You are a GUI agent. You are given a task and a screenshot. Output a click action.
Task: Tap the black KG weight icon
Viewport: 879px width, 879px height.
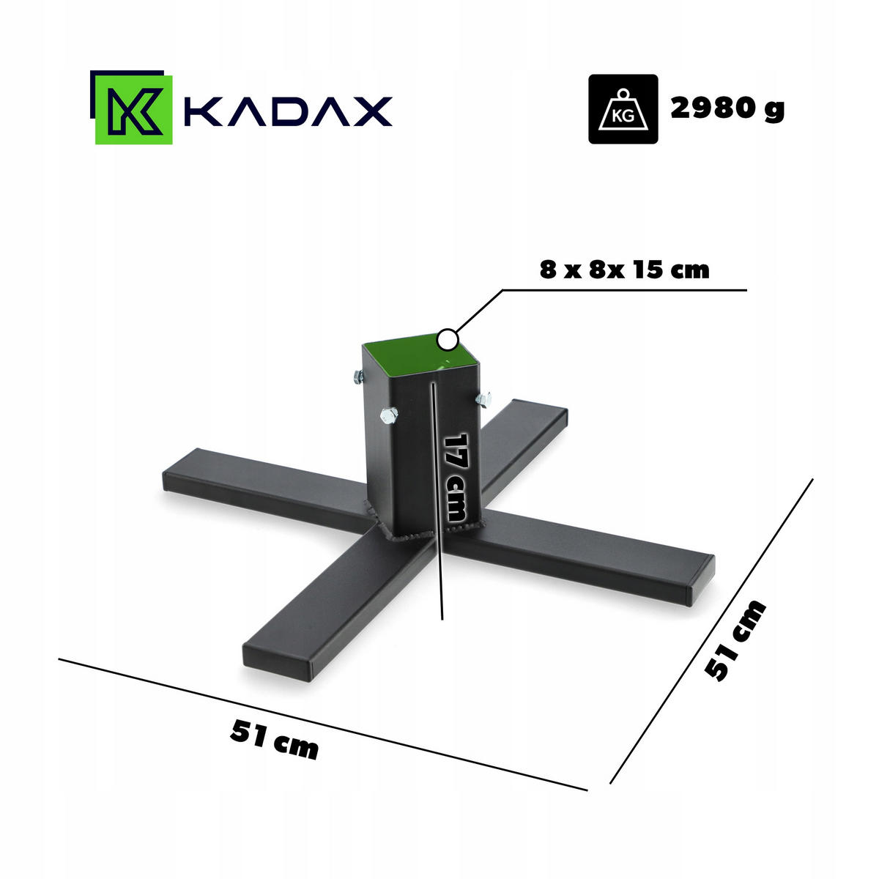coord(623,109)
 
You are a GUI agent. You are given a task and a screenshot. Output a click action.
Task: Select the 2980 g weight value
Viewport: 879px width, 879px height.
coord(727,108)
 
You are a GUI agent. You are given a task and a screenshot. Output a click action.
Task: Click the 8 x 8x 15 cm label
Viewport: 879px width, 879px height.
coord(625,270)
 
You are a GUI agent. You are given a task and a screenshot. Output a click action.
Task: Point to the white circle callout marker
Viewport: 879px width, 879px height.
coord(447,340)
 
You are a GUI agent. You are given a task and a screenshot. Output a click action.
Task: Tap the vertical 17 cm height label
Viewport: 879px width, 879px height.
coord(456,477)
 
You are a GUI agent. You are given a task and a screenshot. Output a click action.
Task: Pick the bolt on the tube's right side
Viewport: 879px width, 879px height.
coord(483,398)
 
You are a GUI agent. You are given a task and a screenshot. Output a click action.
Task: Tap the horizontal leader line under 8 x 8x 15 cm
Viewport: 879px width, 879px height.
coord(623,290)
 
